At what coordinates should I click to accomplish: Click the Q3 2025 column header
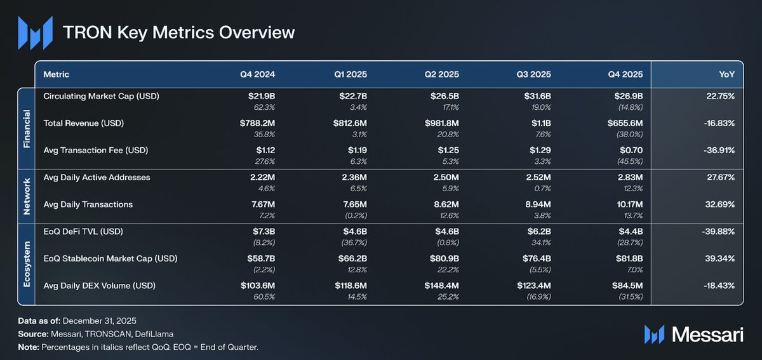[x=533, y=74]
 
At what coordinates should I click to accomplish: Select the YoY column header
[x=726, y=74]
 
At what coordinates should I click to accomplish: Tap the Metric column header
[x=57, y=74]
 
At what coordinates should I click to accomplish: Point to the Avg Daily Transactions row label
[x=88, y=204]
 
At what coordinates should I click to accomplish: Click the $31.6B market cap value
[x=537, y=97]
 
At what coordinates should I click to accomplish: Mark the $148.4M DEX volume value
[x=441, y=286]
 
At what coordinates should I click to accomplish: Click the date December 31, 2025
[x=100, y=321]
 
